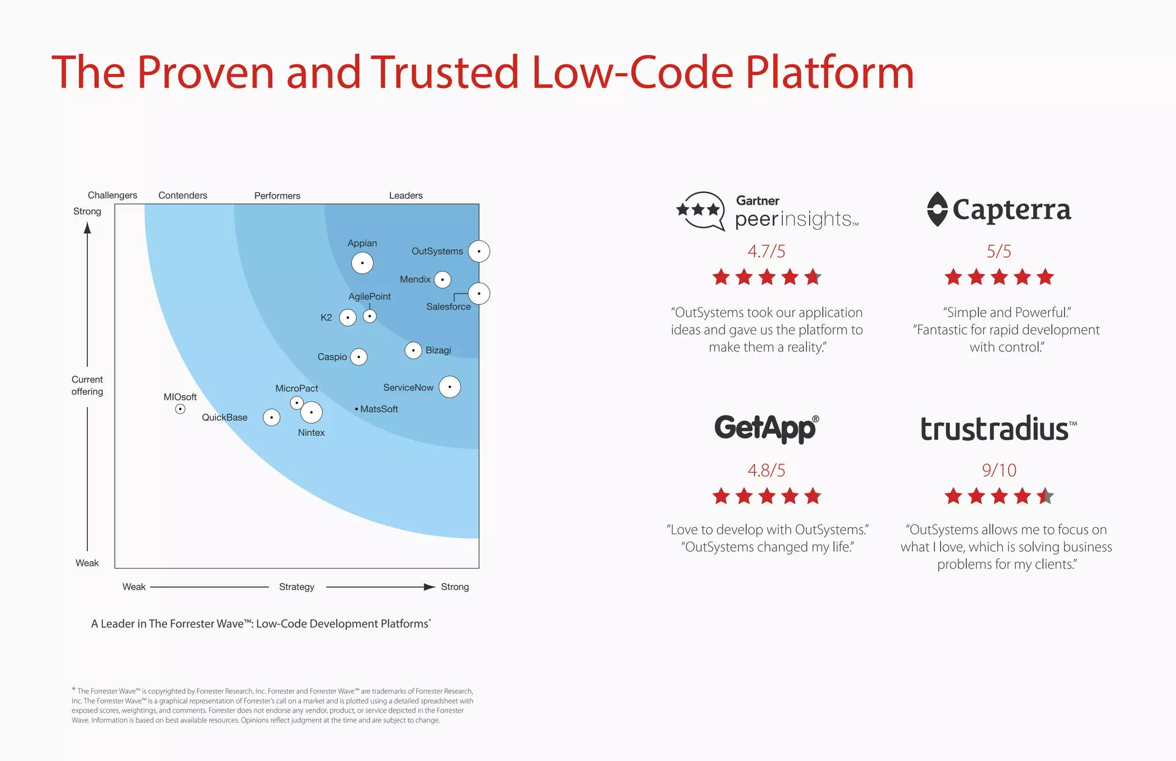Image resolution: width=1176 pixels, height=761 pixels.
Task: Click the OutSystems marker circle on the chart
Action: pyautogui.click(x=479, y=252)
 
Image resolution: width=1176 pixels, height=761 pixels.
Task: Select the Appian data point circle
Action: pyautogui.click(x=362, y=263)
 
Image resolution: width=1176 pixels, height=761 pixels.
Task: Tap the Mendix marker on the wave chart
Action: pyautogui.click(x=442, y=280)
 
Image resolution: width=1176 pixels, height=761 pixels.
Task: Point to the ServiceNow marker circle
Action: pyautogui.click(x=450, y=387)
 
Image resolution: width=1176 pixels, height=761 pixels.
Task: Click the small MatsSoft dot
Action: pyautogui.click(x=357, y=409)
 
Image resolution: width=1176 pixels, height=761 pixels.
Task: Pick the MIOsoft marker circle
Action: pyautogui.click(x=180, y=409)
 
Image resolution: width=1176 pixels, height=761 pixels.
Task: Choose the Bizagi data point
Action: pyautogui.click(x=413, y=350)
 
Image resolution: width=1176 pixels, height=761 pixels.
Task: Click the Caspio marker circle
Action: pyautogui.click(x=359, y=357)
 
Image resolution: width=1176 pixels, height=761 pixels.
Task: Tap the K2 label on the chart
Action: pyautogui.click(x=326, y=318)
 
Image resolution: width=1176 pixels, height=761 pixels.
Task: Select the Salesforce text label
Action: pyautogui.click(x=448, y=307)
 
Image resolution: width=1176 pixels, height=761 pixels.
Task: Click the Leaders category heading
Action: pyautogui.click(x=405, y=195)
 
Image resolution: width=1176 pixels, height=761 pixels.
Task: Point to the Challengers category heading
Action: pyautogui.click(x=113, y=195)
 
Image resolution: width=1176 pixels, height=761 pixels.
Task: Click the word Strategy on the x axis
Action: pyautogui.click(x=296, y=587)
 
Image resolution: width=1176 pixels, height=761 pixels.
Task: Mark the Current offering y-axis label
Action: pyautogui.click(x=87, y=385)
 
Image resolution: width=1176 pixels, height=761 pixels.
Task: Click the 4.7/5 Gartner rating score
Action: pyautogui.click(x=766, y=251)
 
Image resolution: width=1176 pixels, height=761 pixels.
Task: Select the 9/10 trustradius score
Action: pyautogui.click(x=999, y=470)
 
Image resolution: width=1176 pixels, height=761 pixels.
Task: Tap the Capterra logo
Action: pyautogui.click(x=999, y=209)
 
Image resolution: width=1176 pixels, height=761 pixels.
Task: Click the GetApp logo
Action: pyautogui.click(x=767, y=428)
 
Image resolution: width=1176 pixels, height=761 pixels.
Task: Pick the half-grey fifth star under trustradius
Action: pyautogui.click(x=1045, y=496)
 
